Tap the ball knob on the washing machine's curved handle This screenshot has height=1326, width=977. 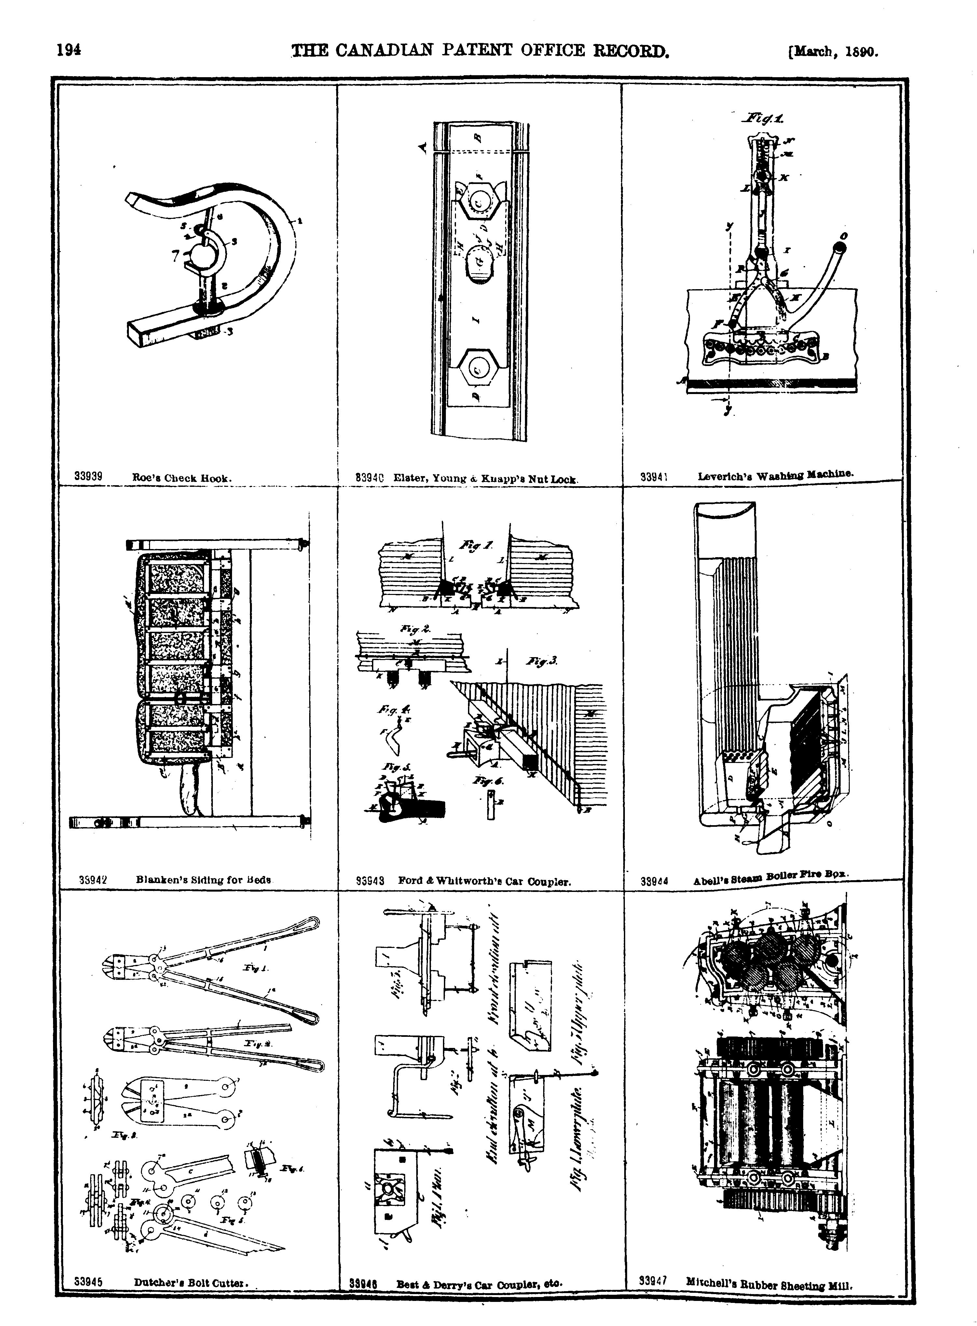[840, 245]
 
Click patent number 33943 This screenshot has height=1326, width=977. [370, 881]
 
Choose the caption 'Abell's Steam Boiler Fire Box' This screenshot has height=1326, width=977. [772, 878]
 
